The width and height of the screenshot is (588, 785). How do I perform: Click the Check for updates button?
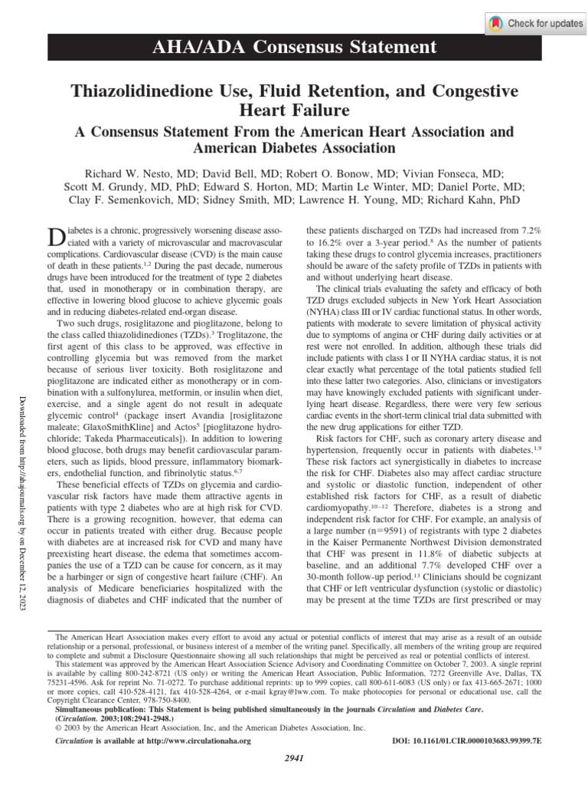(x=536, y=23)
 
